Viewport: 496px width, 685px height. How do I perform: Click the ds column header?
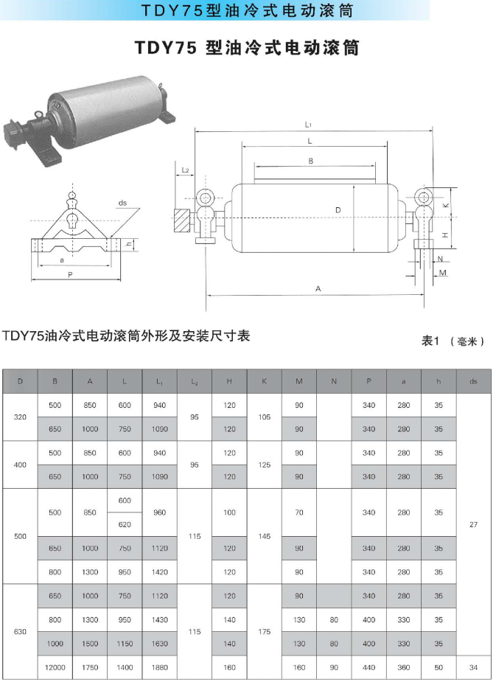pos(473,381)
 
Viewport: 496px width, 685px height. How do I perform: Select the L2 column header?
pos(195,382)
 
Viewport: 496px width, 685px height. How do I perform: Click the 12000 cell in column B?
pos(55,667)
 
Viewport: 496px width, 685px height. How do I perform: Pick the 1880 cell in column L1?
pos(159,667)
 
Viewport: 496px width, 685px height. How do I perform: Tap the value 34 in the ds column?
pos(473,667)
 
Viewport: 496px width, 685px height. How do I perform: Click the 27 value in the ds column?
pos(473,525)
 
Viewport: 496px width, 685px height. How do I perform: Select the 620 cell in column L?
pos(125,525)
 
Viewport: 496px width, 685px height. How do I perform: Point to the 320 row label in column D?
pos(20,417)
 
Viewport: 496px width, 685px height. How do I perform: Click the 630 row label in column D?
pos(20,632)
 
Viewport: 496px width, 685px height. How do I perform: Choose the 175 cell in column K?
pos(264,632)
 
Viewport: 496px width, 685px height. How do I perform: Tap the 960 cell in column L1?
pos(159,512)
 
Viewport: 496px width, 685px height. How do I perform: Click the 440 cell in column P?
pos(369,667)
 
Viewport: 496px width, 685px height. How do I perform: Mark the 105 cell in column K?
pos(264,417)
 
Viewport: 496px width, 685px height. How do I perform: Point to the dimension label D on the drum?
pos(338,210)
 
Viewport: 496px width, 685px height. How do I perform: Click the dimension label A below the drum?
pos(318,289)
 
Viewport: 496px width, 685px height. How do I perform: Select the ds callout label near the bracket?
pos(122,203)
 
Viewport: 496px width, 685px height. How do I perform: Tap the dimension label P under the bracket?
pos(70,275)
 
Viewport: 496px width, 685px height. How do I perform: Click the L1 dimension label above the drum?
pos(308,125)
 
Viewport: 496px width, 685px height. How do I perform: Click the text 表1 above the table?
pos(430,341)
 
